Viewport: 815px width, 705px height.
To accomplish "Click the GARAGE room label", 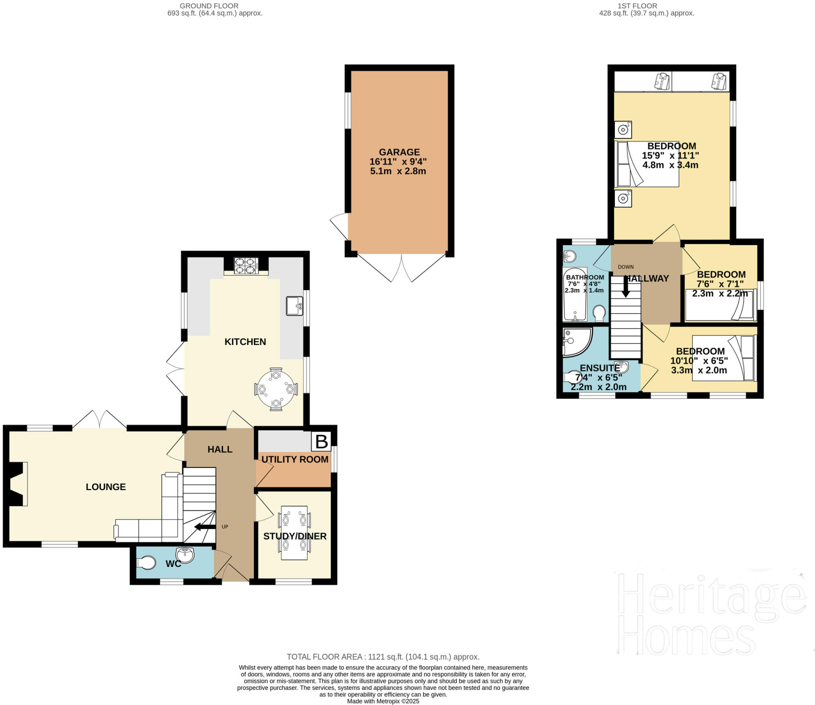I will coord(399,152).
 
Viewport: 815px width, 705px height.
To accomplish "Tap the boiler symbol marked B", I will coord(322,442).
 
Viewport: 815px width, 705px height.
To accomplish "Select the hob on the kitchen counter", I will coord(245,266).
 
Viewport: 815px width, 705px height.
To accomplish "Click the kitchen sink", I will coord(294,306).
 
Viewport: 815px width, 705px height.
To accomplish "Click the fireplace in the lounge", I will coord(18,484).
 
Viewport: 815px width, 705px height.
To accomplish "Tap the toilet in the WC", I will coord(146,563).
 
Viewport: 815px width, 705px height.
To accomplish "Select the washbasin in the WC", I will coord(185,554).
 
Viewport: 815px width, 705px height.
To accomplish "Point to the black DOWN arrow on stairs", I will coord(626,286).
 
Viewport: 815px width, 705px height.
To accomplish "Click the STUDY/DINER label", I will coord(295,536).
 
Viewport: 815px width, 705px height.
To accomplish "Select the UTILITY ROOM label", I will coord(295,459).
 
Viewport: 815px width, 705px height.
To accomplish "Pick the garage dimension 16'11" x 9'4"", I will coord(398,162).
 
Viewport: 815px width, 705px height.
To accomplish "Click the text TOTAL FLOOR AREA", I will coord(324,657).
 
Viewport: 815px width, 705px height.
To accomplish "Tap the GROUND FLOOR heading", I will coord(209,6).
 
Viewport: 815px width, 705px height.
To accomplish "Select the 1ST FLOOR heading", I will coord(643,6).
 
